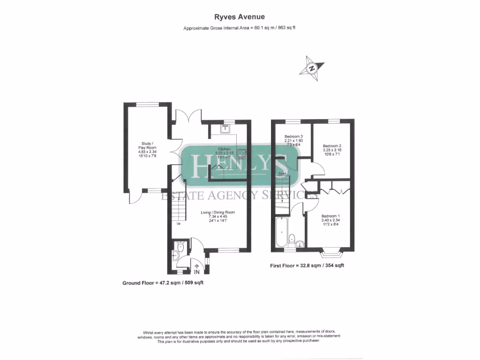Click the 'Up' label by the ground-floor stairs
(x=179, y=224)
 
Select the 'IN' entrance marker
(x=197, y=271)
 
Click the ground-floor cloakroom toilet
(x=180, y=245)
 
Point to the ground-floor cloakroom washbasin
(x=175, y=255)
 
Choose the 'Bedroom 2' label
(x=332, y=149)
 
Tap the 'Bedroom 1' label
(x=330, y=218)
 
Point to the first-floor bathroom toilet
(x=292, y=239)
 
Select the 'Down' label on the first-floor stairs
(x=282, y=174)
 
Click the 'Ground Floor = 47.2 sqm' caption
(x=163, y=283)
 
